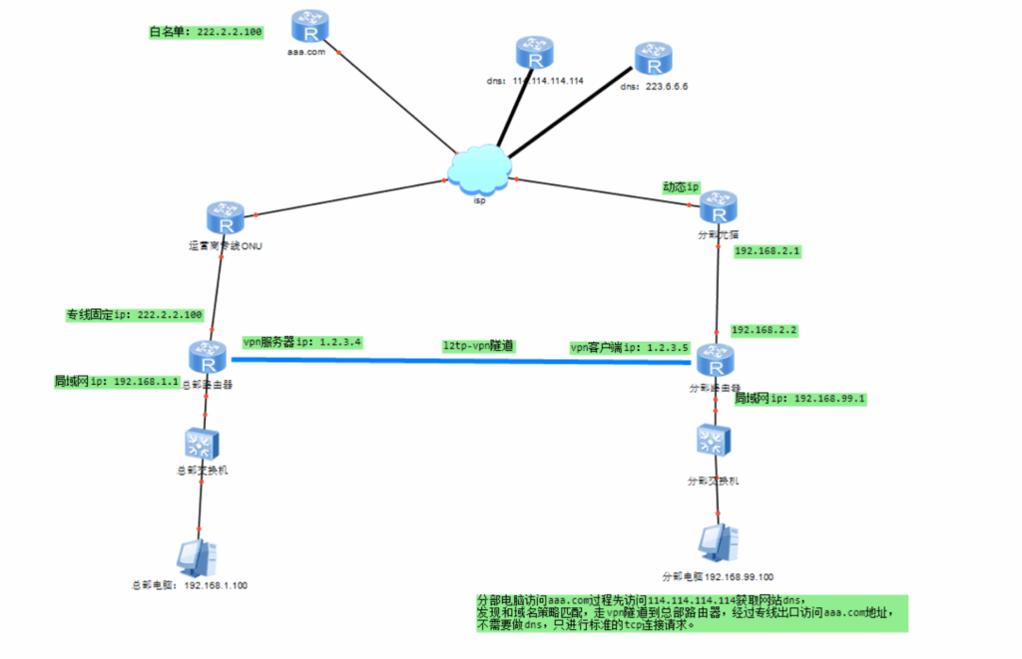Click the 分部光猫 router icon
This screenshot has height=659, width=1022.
tap(718, 208)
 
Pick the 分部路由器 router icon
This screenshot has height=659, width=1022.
tap(716, 360)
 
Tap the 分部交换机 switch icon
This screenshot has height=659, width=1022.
tap(715, 441)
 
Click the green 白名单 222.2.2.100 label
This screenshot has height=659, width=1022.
tap(207, 33)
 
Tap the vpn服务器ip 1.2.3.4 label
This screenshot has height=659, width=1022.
tap(302, 342)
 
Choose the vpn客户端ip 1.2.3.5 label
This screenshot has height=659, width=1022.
tap(630, 348)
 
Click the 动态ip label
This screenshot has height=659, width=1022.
tap(682, 186)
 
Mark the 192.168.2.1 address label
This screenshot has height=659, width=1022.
tap(767, 252)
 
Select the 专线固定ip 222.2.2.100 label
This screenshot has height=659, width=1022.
tap(135, 315)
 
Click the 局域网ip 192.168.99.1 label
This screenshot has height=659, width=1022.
tap(799, 399)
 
